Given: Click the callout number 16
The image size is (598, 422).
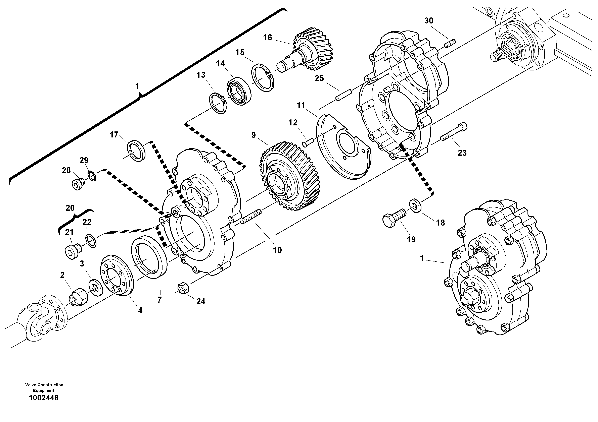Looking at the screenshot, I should point(268,38).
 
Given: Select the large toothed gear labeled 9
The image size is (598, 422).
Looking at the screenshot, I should point(289,177).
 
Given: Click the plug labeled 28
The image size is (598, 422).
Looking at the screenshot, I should point(77,184).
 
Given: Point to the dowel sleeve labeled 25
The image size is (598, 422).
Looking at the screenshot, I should point(343,95).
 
